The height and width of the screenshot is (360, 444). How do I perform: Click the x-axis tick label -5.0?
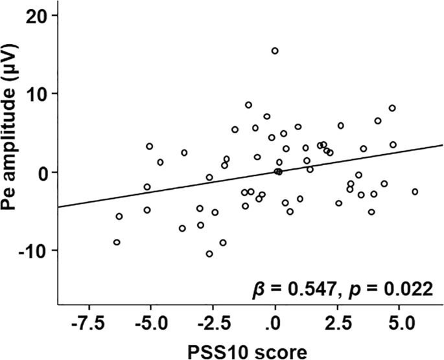pyautogui.click(x=150, y=322)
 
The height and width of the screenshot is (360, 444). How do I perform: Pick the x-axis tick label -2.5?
pyautogui.click(x=213, y=322)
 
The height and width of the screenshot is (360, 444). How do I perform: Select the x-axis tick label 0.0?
pyautogui.click(x=275, y=322)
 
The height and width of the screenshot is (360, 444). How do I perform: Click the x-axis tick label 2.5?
pyautogui.click(x=336, y=322)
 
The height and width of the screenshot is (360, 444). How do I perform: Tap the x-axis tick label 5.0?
pyautogui.click(x=399, y=322)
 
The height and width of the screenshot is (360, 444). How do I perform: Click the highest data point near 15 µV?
pyautogui.click(x=275, y=51)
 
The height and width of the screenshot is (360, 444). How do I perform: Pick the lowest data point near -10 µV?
pyautogui.click(x=209, y=254)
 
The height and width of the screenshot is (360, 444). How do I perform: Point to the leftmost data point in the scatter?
pyautogui.click(x=117, y=242)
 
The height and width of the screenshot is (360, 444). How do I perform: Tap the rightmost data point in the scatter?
pyautogui.click(x=415, y=192)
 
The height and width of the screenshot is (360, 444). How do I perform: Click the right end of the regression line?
pyautogui.click(x=442, y=145)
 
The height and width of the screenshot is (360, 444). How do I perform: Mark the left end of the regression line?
pyautogui.click(x=58, y=207)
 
